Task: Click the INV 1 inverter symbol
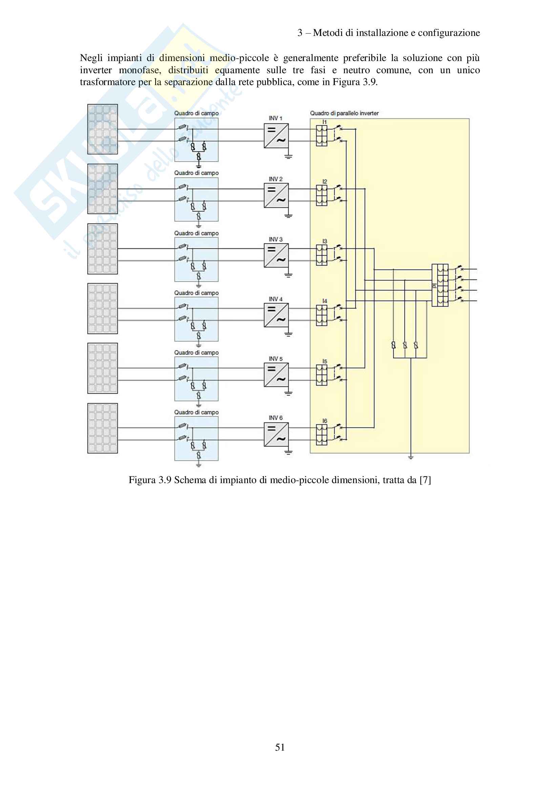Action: click(276, 136)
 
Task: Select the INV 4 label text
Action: click(275, 299)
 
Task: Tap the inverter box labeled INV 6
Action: click(276, 435)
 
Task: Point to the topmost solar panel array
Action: click(102, 129)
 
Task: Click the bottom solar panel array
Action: click(102, 428)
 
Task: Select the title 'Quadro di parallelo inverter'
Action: click(344, 113)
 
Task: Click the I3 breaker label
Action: click(324, 241)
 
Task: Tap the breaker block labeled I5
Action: click(322, 375)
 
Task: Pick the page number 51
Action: click(280, 748)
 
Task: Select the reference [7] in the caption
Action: click(425, 480)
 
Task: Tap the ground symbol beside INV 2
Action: click(288, 216)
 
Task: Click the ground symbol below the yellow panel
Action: click(411, 457)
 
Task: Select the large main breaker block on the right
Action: click(440, 285)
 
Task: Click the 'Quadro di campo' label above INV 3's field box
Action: click(196, 234)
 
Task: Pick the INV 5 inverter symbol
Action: click(276, 375)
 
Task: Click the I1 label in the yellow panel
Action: click(324, 122)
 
